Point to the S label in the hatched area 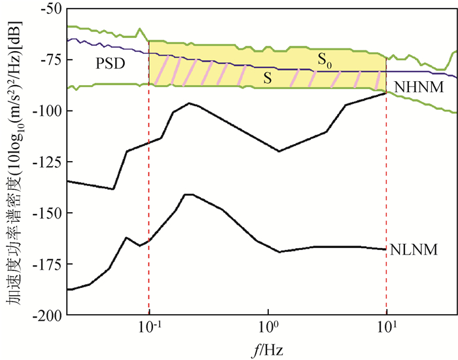[x=267, y=77]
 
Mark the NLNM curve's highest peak [x=188, y=194]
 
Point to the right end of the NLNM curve [x=386, y=249]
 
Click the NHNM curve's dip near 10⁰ [x=279, y=151]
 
